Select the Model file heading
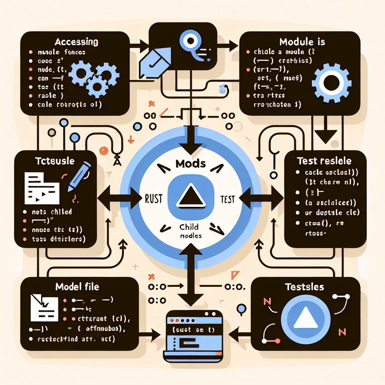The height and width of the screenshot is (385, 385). tap(77, 287)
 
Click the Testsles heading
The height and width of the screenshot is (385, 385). tap(305, 287)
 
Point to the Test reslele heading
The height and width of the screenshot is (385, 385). tap(324, 161)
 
